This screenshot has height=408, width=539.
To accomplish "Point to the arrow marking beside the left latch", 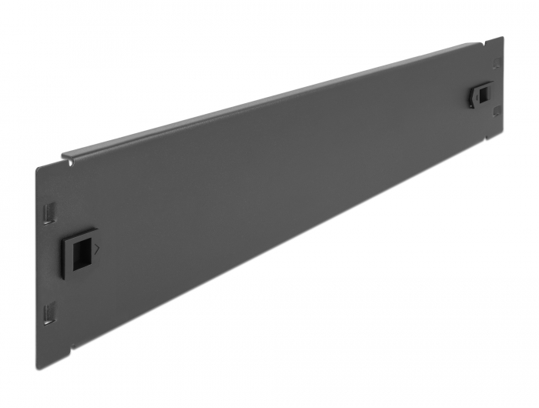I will pyautogui.click(x=95, y=248).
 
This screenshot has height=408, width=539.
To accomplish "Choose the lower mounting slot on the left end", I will pyautogui.click(x=51, y=312).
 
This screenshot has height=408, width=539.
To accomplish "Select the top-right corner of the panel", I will pyautogui.click(x=503, y=37).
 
